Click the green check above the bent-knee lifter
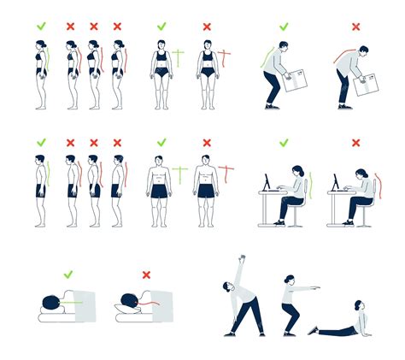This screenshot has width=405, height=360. point(284,27)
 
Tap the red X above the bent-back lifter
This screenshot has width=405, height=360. point(355,27)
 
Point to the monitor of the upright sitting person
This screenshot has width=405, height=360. point(267,182)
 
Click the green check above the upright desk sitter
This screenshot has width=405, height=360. point(284,143)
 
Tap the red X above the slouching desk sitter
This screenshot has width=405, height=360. point(355,143)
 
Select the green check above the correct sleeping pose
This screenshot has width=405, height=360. point(67,274)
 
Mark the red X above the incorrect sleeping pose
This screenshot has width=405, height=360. point(146,274)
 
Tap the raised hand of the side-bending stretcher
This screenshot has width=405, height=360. point(243,257)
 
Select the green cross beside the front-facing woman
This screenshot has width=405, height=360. point(179,58)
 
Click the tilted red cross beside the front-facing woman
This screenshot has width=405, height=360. point(225,58)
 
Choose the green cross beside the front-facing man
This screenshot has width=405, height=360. point(179,174)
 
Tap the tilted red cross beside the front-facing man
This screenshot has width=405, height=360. point(226,174)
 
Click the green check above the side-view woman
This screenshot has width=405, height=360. point(40,27)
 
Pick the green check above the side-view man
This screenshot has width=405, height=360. point(40,143)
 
